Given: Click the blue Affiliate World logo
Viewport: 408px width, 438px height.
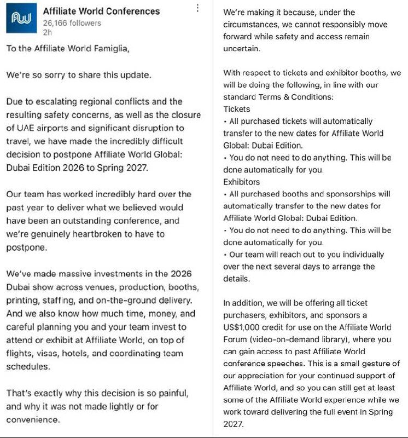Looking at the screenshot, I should click(x=21, y=20).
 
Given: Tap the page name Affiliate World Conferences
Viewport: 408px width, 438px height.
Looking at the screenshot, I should click(x=101, y=11).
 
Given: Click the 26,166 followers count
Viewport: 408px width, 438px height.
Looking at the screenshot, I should click(x=72, y=23).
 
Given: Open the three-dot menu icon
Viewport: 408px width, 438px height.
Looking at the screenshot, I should click(x=197, y=8).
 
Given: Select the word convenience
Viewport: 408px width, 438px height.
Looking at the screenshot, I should click(x=33, y=419).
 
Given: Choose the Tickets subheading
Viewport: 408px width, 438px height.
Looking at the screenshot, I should click(x=237, y=109).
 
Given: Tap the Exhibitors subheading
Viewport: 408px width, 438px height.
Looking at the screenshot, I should click(x=242, y=181).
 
